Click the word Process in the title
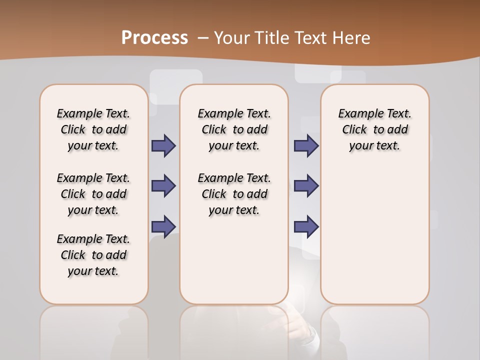coord(154,37)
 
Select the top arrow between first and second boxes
coord(163,145)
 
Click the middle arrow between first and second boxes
coord(163,186)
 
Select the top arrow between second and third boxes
coord(306,145)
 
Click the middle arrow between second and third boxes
coord(306,186)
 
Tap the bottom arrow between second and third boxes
coord(306,226)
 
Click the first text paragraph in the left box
coord(93,129)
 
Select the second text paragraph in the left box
coord(93,194)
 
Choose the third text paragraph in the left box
coord(93,255)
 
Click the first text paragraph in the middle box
coord(234,129)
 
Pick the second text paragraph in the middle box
coord(234,194)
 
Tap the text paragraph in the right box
coord(375,129)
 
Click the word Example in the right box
coord(358,114)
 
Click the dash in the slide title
coord(203,38)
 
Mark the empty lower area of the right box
coord(375,235)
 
